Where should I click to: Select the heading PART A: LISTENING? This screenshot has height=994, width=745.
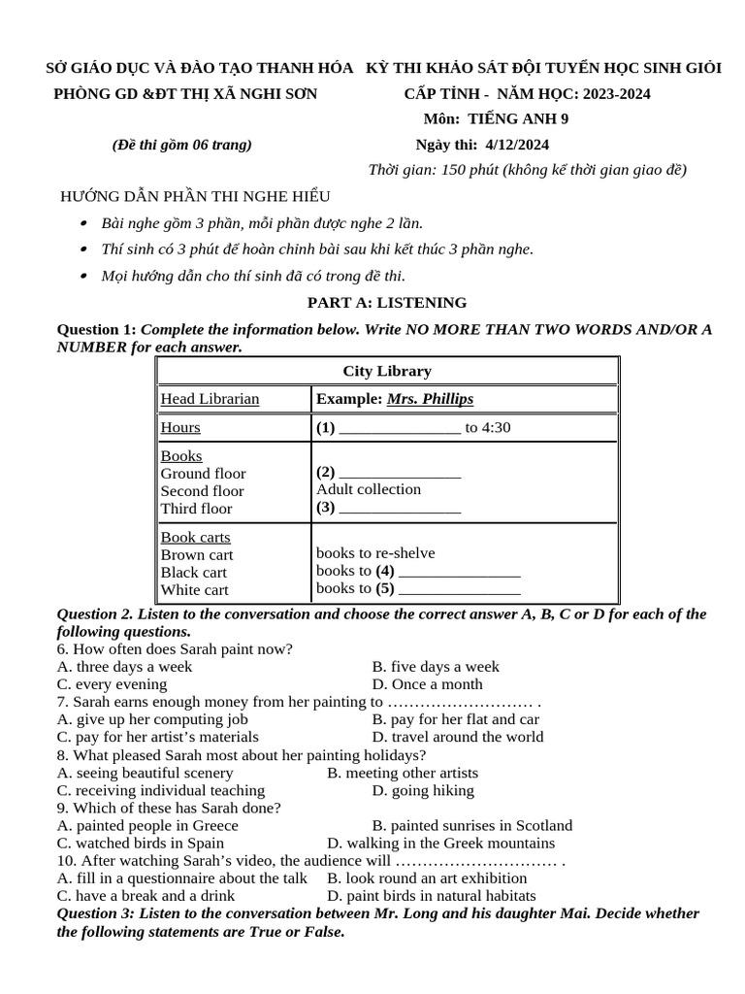(387, 303)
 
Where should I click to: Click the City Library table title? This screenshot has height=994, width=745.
(387, 371)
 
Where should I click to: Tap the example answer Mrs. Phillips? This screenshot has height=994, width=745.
(430, 399)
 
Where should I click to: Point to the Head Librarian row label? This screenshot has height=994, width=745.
(210, 399)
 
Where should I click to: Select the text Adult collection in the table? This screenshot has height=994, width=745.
(369, 489)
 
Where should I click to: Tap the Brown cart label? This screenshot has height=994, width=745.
(197, 554)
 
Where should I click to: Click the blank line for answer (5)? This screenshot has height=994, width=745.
(459, 589)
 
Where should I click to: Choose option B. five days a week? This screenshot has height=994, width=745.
(436, 667)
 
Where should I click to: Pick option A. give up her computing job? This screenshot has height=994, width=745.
(152, 719)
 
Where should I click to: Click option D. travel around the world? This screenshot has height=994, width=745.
(458, 737)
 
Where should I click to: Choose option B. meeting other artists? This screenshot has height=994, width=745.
(403, 773)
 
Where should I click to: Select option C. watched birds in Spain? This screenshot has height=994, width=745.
(141, 843)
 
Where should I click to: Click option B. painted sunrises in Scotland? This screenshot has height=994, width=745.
(472, 825)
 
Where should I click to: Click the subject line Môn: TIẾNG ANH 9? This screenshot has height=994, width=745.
(496, 119)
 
